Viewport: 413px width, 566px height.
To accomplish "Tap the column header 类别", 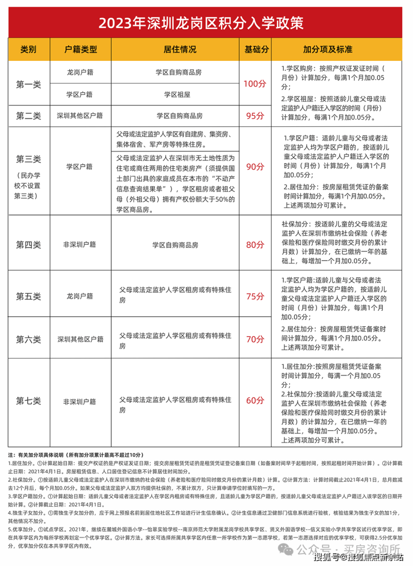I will (x=28, y=49).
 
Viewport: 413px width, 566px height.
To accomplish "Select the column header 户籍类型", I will (x=80, y=49).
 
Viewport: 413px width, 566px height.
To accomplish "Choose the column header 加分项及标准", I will (x=331, y=49).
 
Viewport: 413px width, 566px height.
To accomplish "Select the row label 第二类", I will (x=28, y=116).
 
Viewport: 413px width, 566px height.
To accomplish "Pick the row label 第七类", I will (x=28, y=401).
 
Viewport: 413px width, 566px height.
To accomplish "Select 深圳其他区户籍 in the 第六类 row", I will (x=80, y=339).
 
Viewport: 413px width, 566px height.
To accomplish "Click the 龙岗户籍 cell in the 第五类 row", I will (x=80, y=296).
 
